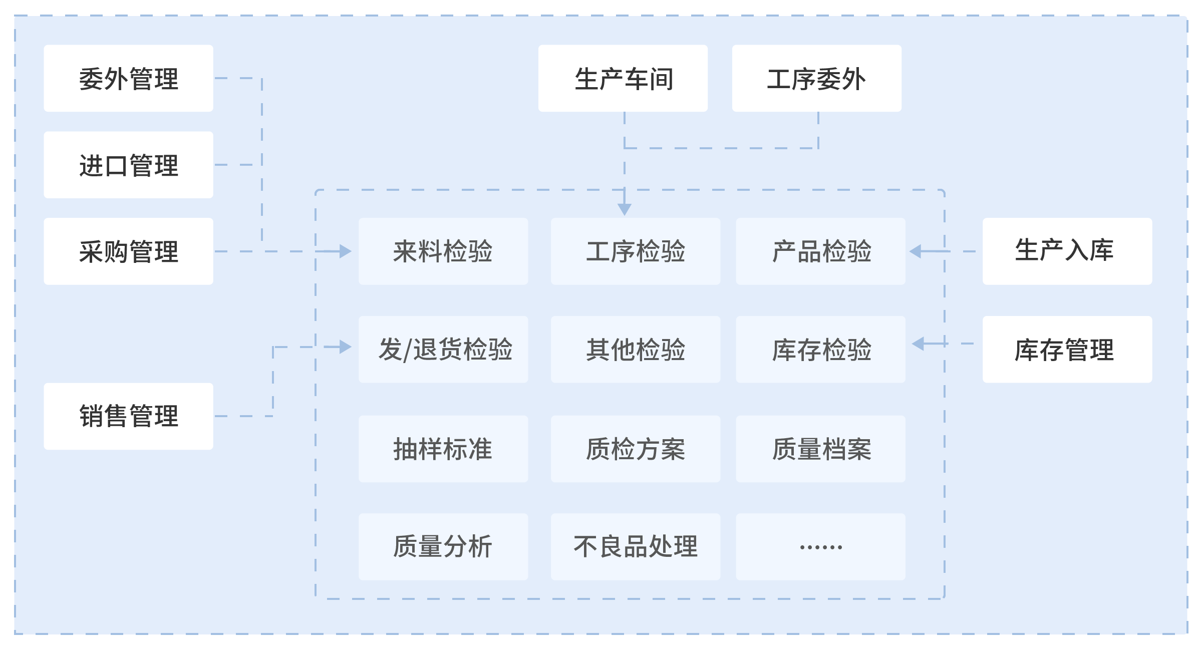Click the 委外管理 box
point(128,79)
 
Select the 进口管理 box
point(128,165)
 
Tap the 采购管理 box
point(128,251)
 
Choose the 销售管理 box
point(128,416)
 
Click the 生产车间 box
point(623,79)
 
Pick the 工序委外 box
point(816,79)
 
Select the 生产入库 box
point(1067,251)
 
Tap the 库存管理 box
point(1067,350)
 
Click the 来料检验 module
point(443,251)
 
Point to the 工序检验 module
point(636,251)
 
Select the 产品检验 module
point(820,251)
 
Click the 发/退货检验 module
point(443,350)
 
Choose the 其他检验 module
point(636,350)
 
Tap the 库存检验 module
point(820,350)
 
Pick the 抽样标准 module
point(443,449)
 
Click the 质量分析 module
point(443,547)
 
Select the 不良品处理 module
point(636,547)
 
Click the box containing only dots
point(820,547)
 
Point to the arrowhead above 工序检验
point(625,209)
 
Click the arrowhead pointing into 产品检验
point(916,251)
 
